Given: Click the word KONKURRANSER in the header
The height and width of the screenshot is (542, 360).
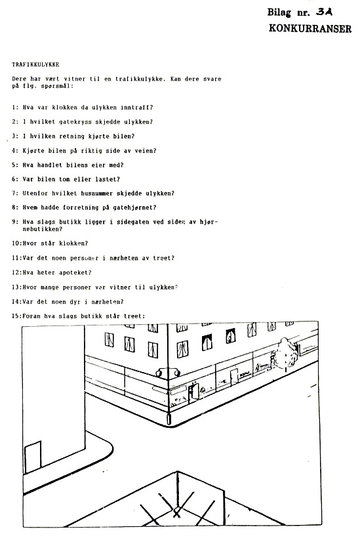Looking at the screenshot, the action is (x=310, y=28).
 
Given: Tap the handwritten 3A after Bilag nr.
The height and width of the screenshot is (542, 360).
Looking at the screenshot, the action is (x=324, y=12).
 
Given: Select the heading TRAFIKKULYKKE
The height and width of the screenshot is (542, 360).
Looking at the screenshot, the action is (x=35, y=65).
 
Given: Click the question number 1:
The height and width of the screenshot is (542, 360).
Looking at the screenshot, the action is (x=15, y=108).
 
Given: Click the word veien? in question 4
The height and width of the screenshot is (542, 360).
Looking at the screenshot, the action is (x=146, y=151).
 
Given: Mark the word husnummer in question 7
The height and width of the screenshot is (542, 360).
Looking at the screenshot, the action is (x=97, y=194).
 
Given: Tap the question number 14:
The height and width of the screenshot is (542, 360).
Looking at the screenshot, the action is (x=17, y=302).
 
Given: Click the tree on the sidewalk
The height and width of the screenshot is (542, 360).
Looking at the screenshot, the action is (x=285, y=353).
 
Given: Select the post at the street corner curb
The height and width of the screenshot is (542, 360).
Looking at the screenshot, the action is (x=169, y=418).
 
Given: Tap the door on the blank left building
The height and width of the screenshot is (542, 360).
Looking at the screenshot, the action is (x=33, y=457).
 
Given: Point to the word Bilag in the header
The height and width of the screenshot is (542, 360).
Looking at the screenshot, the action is (x=279, y=12).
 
